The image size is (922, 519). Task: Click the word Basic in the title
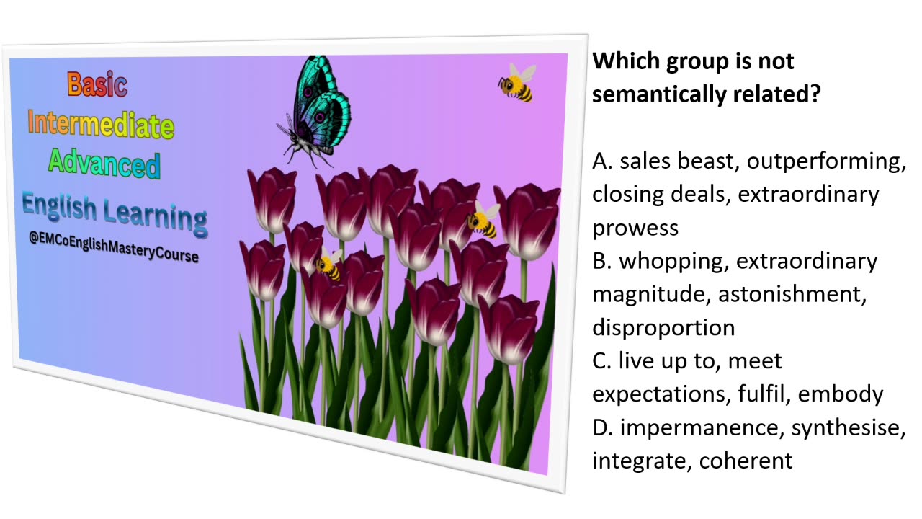[x=97, y=84]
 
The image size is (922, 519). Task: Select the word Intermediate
[x=101, y=125]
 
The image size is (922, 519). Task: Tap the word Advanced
[x=104, y=164]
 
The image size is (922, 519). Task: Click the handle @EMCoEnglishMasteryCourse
[x=114, y=248]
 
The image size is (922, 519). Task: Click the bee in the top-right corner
[x=517, y=82]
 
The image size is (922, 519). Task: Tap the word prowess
[x=635, y=228]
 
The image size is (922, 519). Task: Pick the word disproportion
[x=663, y=328]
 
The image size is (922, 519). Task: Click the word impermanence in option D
[x=702, y=427]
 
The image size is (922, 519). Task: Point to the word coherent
[x=746, y=461]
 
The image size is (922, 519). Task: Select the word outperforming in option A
[x=826, y=161]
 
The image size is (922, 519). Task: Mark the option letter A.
[x=601, y=161]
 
